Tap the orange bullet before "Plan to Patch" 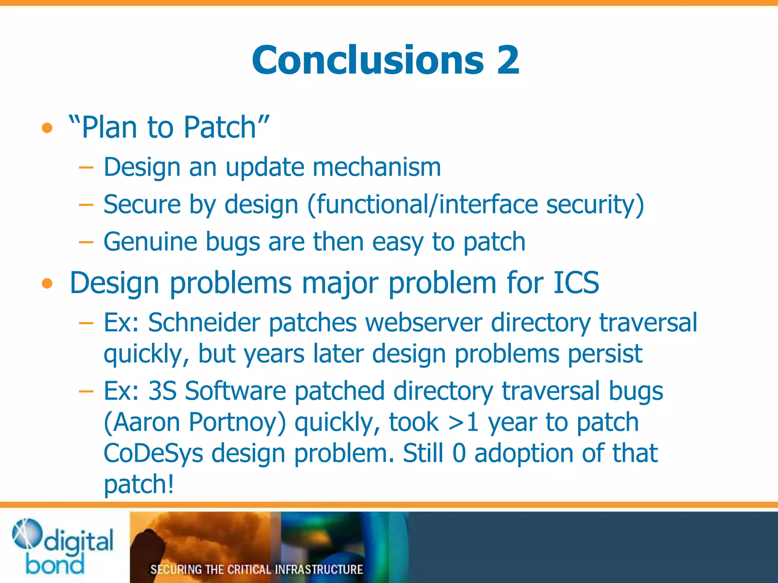(x=47, y=128)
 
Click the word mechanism (x=376, y=167)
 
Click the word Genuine (x=150, y=242)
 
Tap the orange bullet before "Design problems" (x=47, y=283)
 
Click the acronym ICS (x=576, y=283)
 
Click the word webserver (x=424, y=323)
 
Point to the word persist (x=605, y=354)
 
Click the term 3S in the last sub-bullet (x=162, y=391)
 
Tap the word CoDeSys (x=153, y=453)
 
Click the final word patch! (x=139, y=485)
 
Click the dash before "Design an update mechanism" (x=86, y=167)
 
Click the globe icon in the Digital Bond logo (x=27, y=533)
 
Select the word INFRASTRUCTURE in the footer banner (x=319, y=569)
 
